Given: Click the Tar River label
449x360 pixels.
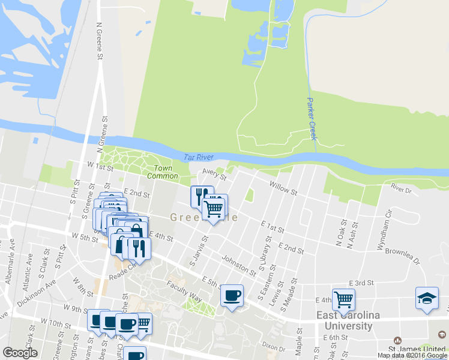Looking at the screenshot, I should pyautogui.click(x=199, y=157).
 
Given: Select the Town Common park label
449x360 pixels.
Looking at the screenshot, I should pyautogui.click(x=166, y=172).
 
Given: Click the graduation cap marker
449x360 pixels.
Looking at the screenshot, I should pyautogui.click(x=426, y=299).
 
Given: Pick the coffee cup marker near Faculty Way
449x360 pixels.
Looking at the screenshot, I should pyautogui.click(x=232, y=296).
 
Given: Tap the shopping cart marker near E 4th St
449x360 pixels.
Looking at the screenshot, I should pyautogui.click(x=343, y=300).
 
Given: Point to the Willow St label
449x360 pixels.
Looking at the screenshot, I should pyautogui.click(x=283, y=189).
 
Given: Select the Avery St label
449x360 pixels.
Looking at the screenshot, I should pyautogui.click(x=214, y=175).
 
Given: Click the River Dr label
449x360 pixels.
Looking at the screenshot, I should pyautogui.click(x=401, y=188).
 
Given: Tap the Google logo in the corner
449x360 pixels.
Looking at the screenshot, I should pyautogui.click(x=20, y=353).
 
